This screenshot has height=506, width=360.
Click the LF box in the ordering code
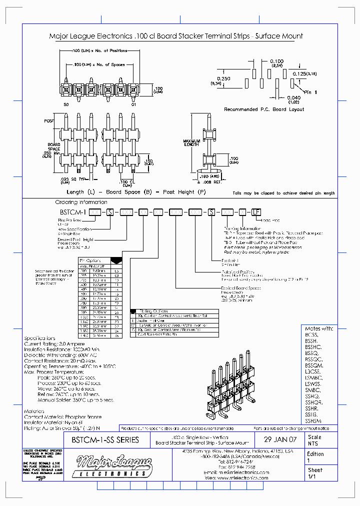[256, 211]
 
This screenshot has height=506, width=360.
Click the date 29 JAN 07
[282, 440]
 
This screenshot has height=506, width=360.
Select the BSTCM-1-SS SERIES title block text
[105, 440]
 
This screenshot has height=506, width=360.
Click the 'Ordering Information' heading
[81, 202]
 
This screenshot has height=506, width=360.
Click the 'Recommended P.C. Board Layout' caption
[264, 109]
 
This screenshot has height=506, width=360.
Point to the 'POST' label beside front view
[49, 121]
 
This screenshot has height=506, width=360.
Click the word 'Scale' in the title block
[314, 436]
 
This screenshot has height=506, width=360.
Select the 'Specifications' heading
[39, 338]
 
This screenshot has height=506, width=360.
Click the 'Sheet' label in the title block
[315, 470]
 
